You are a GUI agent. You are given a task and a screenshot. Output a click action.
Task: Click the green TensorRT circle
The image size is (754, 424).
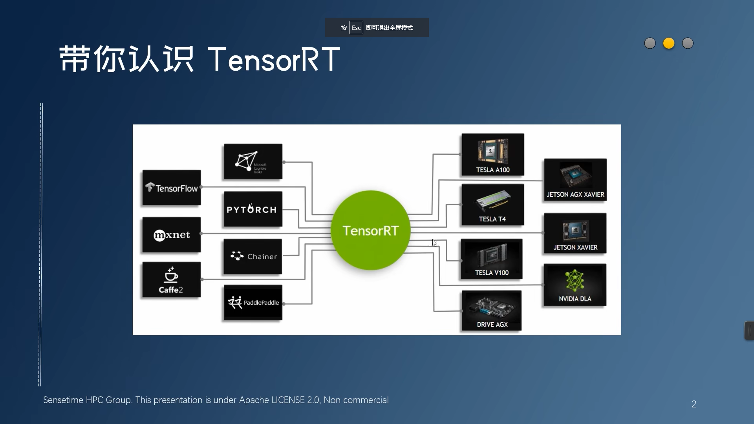(x=370, y=230)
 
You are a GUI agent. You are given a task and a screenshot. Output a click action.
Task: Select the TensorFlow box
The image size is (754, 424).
(x=172, y=188)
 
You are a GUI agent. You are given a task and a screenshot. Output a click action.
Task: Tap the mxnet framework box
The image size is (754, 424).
(x=172, y=235)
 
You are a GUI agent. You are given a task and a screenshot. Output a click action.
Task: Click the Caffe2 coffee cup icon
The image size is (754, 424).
(x=171, y=275)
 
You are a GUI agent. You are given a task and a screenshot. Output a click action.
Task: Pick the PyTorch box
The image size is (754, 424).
(x=253, y=209)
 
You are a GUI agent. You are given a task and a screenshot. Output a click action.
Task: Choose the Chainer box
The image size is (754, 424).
(x=253, y=256)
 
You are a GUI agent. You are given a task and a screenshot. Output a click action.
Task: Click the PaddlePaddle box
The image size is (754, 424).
(x=253, y=303)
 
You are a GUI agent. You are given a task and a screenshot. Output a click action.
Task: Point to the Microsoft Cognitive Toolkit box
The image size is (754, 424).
(x=253, y=162)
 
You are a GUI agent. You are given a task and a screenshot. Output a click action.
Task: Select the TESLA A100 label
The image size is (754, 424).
(x=493, y=170)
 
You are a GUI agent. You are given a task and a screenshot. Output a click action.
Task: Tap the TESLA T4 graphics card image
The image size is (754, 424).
(x=493, y=200)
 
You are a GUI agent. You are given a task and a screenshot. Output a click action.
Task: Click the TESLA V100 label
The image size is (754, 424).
(x=492, y=272)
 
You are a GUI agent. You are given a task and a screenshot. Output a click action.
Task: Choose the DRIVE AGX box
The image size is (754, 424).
(x=492, y=311)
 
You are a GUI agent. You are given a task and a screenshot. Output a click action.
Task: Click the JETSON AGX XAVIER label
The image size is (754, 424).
(x=575, y=194)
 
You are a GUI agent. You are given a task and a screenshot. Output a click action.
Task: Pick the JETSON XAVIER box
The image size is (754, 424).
(x=575, y=233)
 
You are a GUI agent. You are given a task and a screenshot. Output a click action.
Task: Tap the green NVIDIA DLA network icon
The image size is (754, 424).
(x=575, y=280)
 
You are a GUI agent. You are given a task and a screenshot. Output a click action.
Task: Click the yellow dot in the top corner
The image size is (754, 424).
(x=669, y=43)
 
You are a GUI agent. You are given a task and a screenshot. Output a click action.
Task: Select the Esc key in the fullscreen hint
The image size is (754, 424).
(x=356, y=28)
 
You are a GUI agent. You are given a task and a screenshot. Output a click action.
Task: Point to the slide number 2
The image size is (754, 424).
(x=694, y=404)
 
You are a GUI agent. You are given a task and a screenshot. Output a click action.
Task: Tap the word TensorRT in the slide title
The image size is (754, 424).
(x=274, y=60)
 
